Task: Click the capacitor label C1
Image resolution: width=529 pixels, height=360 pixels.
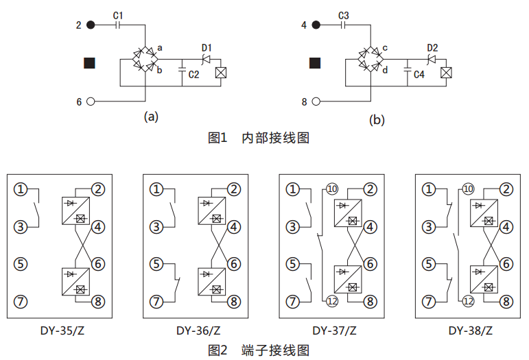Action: pyautogui.click(x=118, y=14)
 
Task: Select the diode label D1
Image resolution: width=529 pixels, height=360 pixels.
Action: pyautogui.click(x=207, y=47)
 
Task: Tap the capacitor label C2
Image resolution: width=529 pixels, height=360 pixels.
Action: pyautogui.click(x=194, y=75)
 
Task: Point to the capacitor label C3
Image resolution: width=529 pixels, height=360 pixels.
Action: pyautogui.click(x=344, y=14)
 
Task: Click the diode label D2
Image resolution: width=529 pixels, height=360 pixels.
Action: pyautogui.click(x=432, y=47)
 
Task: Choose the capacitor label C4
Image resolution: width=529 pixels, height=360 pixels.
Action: pyautogui.click(x=420, y=75)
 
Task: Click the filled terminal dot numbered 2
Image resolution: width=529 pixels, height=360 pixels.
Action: pyautogui.click(x=91, y=25)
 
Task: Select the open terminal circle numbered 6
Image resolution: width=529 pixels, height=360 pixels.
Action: pyautogui.click(x=91, y=102)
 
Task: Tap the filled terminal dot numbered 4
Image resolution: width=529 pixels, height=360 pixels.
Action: pyautogui.click(x=316, y=25)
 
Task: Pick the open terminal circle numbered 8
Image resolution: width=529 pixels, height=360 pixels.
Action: pyautogui.click(x=316, y=102)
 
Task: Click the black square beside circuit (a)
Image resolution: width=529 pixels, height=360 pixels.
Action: pyautogui.click(x=89, y=63)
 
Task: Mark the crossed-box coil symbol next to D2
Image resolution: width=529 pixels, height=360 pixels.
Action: pyautogui.click(x=446, y=71)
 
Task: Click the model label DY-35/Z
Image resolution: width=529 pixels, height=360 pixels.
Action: pyautogui.click(x=62, y=330)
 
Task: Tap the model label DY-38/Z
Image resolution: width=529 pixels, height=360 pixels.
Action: pyautogui.click(x=471, y=330)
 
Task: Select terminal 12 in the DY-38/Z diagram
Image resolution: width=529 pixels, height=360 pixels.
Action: pyautogui.click(x=469, y=300)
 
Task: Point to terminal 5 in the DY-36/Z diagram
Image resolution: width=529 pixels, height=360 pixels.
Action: pyautogui.click(x=158, y=263)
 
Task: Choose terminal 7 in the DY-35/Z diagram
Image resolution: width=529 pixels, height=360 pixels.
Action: pyautogui.click(x=22, y=300)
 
